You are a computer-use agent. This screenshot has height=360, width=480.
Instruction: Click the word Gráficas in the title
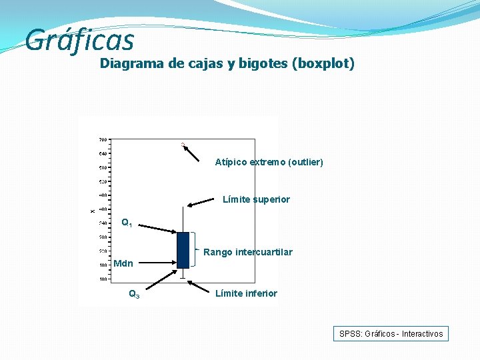[79, 40]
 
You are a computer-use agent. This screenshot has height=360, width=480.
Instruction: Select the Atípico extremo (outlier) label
[269, 162]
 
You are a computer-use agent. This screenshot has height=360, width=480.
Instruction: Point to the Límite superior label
[256, 199]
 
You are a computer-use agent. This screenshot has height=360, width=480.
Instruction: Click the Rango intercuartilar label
[247, 252]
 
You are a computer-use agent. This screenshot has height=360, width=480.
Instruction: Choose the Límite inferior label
[246, 293]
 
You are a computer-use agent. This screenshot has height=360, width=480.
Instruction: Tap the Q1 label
[127, 223]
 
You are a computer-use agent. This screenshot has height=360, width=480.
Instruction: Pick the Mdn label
[123, 263]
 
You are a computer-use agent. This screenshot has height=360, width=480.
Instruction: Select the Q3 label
[134, 294]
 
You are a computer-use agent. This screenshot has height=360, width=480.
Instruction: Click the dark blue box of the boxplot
[183, 250]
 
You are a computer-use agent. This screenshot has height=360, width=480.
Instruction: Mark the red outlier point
[182, 144]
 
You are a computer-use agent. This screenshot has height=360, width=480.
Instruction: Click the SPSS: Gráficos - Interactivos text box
[391, 334]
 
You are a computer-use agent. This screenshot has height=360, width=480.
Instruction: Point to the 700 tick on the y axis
[103, 140]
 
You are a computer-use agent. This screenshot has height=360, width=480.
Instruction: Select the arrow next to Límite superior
[204, 201]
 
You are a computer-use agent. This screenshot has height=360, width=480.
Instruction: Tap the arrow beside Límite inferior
[199, 288]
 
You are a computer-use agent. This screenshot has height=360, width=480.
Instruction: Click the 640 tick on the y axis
[103, 154]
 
